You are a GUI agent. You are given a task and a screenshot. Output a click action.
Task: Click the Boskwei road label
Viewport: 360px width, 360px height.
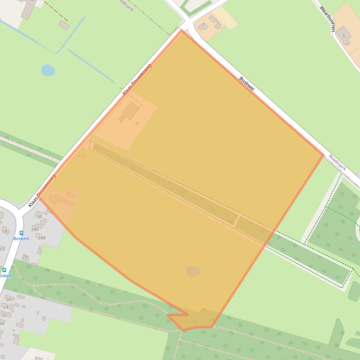(x=246, y=84)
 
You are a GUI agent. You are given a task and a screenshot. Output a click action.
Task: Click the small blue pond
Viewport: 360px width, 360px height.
(x=48, y=71)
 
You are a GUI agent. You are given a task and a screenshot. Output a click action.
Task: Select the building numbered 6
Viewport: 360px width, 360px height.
(x=344, y=36)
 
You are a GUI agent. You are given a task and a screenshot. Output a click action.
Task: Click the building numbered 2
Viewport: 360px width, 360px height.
(x=203, y=25)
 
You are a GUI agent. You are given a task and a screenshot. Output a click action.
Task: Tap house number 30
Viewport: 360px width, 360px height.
(x=39, y=216)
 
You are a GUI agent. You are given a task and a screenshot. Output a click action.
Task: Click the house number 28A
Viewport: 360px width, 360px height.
(x=35, y=230)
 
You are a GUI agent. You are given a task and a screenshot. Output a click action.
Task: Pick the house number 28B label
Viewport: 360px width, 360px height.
(x=42, y=238)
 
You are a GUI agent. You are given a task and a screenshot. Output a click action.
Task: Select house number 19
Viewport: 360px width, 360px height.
(x=5, y=231)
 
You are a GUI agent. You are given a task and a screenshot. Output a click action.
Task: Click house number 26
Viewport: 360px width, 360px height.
(x=8, y=299)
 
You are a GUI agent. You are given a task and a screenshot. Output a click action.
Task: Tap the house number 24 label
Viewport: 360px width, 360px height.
(x=6, y=307)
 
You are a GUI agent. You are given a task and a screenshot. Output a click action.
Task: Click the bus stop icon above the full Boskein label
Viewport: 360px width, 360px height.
(x=21, y=233)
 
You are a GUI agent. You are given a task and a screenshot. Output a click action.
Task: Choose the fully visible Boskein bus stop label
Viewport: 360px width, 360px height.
(x=21, y=238)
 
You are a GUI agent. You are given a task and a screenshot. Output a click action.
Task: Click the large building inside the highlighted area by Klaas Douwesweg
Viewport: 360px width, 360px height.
(x=131, y=112)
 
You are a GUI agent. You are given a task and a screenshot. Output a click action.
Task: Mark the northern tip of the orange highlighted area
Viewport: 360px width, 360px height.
(x=183, y=31)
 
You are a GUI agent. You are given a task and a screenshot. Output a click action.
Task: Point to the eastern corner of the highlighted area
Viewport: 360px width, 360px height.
(x=323, y=155)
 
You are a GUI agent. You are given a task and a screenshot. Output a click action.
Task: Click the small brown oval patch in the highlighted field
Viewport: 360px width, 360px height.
(x=192, y=271)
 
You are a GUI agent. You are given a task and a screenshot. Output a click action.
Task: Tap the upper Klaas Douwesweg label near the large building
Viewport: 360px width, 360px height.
(x=136, y=79)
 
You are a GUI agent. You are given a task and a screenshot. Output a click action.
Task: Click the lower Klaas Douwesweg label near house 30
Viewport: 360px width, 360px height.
(x=42, y=191)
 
